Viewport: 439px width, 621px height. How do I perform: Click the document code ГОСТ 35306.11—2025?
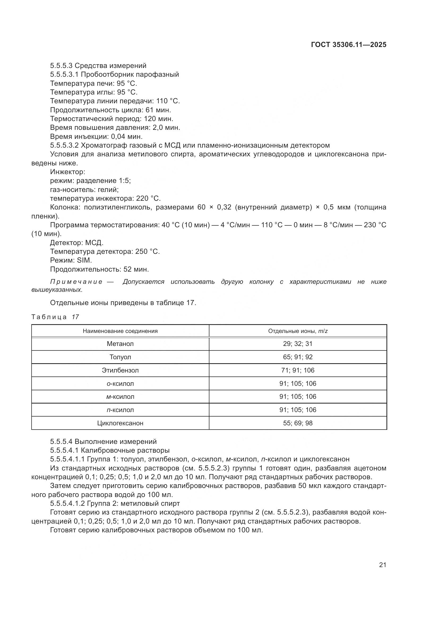(348, 45)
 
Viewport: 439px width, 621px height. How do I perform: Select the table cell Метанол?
(120, 344)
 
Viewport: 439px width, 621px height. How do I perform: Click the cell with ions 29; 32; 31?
(298, 344)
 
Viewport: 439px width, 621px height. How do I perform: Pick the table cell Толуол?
(120, 357)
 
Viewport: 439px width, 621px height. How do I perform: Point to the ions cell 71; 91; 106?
(298, 370)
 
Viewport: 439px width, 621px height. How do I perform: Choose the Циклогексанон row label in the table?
(120, 423)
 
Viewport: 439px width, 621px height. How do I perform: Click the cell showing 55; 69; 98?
(298, 423)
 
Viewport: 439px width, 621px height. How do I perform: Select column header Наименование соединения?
(120, 331)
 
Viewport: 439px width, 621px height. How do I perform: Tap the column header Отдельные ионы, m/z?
(298, 331)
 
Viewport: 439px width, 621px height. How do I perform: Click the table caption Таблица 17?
(55, 317)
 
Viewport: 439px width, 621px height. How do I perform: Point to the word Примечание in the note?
(76, 282)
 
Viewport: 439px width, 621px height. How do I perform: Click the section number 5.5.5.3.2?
(64, 145)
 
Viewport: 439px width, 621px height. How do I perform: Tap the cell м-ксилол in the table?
(120, 397)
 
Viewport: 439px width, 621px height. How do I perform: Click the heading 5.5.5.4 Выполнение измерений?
(103, 442)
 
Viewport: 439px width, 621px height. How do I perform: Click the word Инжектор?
(68, 172)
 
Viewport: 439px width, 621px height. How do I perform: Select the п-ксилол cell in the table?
(120, 410)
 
